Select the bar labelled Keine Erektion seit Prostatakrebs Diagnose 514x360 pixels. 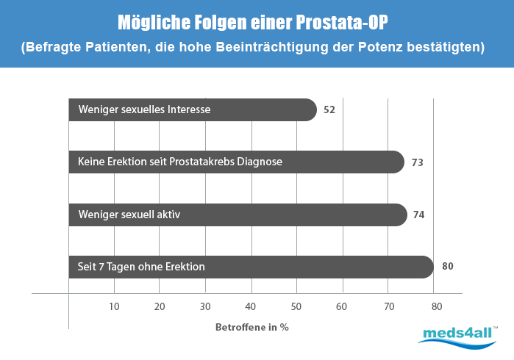(236, 162)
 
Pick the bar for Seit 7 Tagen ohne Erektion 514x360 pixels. (251, 267)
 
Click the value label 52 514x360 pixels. (329, 110)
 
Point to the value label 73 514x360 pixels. (418, 162)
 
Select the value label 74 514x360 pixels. (419, 215)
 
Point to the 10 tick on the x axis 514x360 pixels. (114, 306)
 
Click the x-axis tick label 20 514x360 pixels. (160, 306)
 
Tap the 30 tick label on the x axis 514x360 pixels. (205, 306)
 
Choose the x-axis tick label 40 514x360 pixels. (251, 306)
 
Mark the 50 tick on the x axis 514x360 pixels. (296, 306)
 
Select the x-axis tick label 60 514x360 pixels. (342, 306)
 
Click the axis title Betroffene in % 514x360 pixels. (252, 327)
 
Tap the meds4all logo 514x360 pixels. (458, 335)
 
